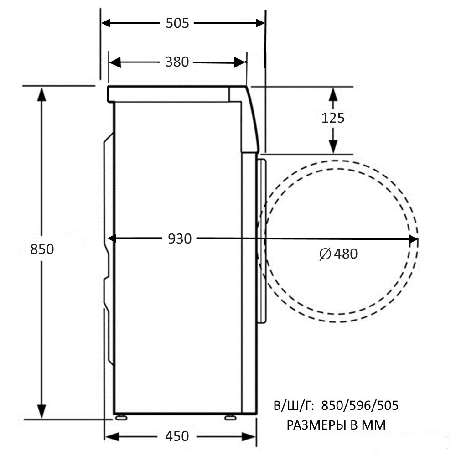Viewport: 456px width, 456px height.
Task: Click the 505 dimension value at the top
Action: [177, 23]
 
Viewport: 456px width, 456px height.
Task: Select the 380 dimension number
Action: [177, 62]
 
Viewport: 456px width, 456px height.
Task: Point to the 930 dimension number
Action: [179, 238]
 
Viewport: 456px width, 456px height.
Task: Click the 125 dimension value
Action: [333, 118]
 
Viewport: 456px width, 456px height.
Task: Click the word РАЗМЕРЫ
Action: [316, 425]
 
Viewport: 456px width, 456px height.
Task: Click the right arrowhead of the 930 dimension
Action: [414, 239]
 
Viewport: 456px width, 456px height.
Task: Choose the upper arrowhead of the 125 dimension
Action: [333, 93]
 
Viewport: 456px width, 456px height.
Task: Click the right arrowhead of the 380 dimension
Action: [241, 62]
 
